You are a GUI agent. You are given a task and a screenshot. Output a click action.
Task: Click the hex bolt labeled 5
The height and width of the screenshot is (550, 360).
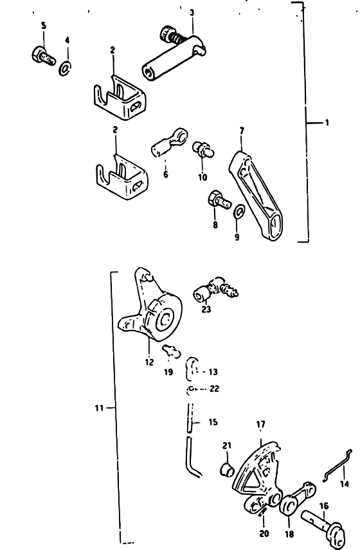click(x=43, y=56)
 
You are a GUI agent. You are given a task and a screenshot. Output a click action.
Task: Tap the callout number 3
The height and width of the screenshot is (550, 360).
click(x=192, y=13)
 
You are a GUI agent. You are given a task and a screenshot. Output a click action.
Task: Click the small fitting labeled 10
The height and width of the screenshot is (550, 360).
click(x=203, y=149)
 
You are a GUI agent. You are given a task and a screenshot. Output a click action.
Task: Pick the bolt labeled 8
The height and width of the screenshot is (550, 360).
click(x=219, y=200)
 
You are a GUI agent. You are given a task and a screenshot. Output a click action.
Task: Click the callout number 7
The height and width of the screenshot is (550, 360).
click(x=242, y=131)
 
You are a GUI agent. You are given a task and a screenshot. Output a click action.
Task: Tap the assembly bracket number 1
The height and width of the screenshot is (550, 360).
click(x=327, y=123)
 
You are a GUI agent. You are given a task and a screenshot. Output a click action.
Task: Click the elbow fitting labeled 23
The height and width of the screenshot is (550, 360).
click(x=215, y=289)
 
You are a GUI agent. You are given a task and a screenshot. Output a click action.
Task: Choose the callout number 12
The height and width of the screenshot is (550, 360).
click(x=149, y=362)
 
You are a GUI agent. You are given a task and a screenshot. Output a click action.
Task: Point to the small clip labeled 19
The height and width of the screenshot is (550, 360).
click(x=172, y=351)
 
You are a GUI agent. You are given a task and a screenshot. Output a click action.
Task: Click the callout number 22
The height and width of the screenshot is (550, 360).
click(x=215, y=389)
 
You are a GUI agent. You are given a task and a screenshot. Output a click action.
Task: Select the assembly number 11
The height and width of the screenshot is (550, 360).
click(x=99, y=408)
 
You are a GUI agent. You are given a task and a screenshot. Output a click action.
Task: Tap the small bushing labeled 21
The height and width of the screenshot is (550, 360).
click(x=227, y=470)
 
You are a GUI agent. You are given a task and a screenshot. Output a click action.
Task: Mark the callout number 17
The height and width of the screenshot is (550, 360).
click(x=261, y=425)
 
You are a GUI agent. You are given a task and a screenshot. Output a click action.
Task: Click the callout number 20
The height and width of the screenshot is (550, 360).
click(x=264, y=533)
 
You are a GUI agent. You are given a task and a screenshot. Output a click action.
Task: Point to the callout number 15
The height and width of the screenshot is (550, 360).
click(x=213, y=421)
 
